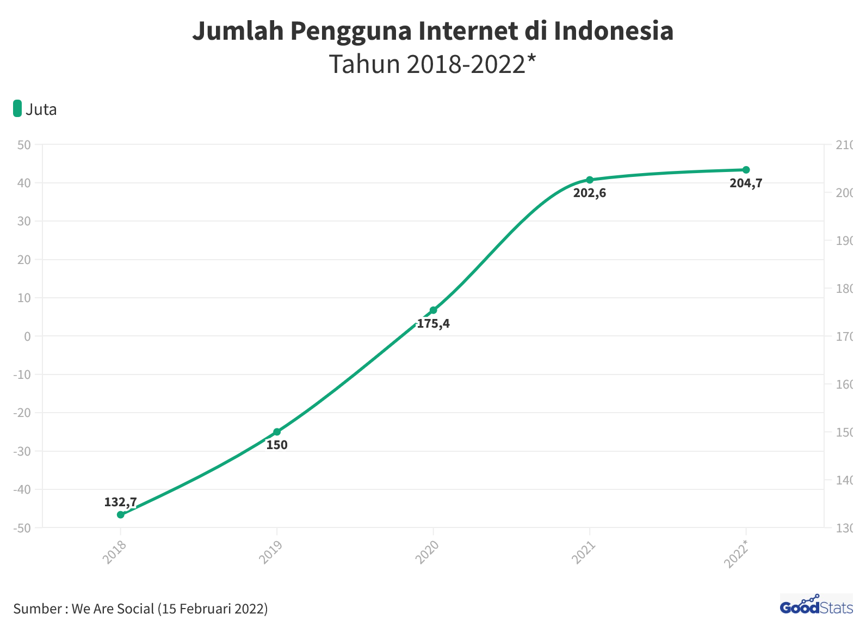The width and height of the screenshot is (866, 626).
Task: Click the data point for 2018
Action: click(x=121, y=514)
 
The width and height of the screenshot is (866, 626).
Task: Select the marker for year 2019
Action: click(x=277, y=432)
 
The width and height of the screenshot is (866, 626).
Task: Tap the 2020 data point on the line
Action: click(x=434, y=310)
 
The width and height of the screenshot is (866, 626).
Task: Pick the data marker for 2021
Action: click(x=590, y=180)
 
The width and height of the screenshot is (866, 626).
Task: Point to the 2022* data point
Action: click(x=746, y=170)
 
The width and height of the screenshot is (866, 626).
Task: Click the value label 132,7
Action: click(x=120, y=502)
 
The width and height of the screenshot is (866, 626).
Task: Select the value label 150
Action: click(x=277, y=445)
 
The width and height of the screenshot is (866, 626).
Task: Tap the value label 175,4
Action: click(x=434, y=324)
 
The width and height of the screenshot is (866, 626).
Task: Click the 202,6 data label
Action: click(x=590, y=193)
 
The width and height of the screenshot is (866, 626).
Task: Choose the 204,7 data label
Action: click(x=746, y=183)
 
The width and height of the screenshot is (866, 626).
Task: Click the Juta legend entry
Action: click(x=35, y=109)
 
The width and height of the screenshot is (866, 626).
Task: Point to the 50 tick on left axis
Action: click(x=24, y=145)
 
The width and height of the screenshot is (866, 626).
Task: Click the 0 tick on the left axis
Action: click(x=27, y=336)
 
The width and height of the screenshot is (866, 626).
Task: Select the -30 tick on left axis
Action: click(x=22, y=451)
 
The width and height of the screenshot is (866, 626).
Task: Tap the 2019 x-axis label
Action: click(x=270, y=552)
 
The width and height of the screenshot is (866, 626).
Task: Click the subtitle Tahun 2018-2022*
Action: click(x=432, y=64)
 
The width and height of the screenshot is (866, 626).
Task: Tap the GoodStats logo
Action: click(x=816, y=605)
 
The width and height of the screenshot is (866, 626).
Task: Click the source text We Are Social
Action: click(x=113, y=609)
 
